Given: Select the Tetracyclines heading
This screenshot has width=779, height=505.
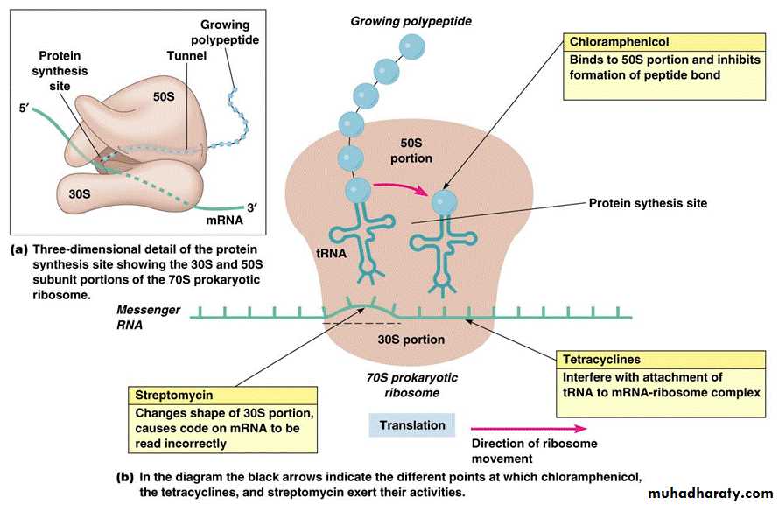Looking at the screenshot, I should point(603,360).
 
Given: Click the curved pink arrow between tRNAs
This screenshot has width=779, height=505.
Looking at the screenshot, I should point(397,186).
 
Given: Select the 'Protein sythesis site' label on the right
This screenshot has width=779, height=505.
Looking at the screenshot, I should point(647,203).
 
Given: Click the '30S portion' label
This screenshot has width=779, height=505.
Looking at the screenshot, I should point(411,339).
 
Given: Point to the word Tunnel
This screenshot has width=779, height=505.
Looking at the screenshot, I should point(186,56).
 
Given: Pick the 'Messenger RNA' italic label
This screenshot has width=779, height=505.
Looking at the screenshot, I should point(149,316).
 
